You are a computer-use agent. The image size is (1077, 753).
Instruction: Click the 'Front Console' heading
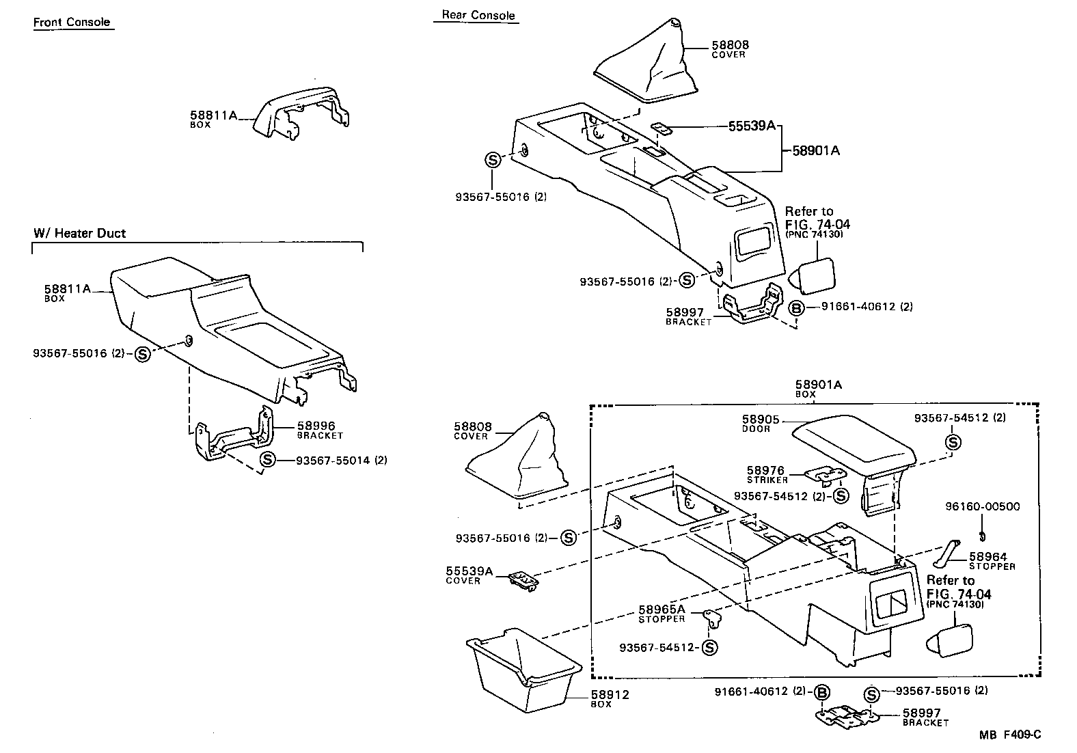[72, 22]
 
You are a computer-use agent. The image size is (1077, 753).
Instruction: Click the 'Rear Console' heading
[478, 15]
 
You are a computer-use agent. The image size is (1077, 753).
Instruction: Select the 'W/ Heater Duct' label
[80, 233]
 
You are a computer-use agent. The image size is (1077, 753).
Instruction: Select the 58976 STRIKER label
[765, 471]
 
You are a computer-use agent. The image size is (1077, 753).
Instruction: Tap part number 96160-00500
[982, 506]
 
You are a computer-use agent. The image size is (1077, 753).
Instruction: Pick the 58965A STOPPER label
[662, 610]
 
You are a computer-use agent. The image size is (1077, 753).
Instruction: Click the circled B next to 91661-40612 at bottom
[822, 692]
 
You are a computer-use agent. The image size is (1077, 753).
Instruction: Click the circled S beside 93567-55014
[268, 460]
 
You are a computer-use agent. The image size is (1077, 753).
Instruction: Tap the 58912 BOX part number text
[610, 695]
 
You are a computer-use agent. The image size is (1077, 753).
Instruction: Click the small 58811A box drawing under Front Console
[301, 113]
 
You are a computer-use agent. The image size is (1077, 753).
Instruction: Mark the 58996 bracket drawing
[232, 437]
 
